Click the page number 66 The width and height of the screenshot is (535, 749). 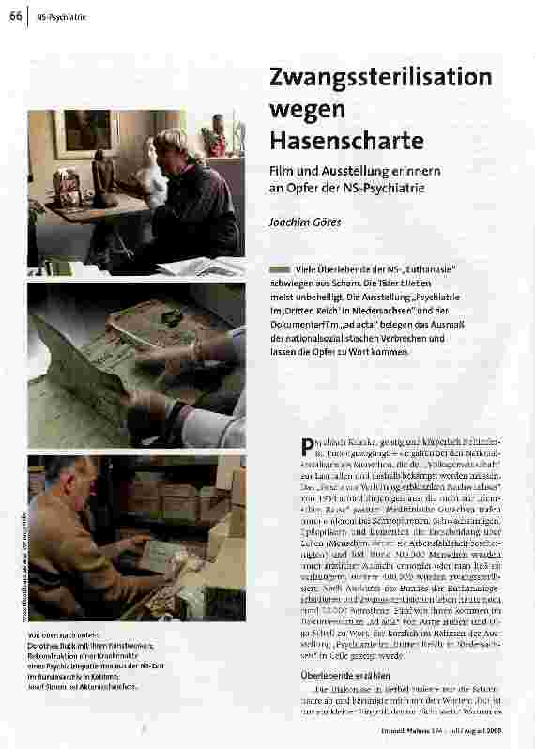[x=16, y=16]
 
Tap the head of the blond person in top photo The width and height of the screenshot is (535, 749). [x=175, y=145]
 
